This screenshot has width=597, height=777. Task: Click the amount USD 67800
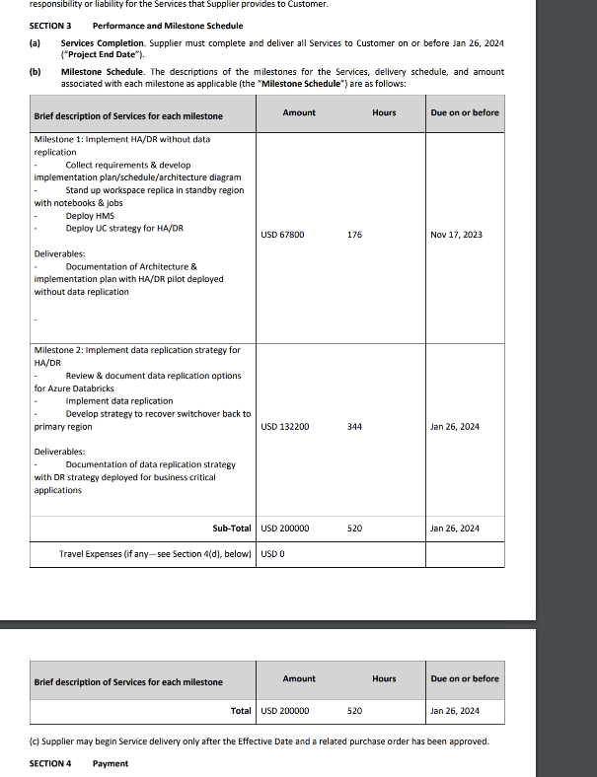pos(282,235)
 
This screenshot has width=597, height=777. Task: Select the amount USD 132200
pos(284,427)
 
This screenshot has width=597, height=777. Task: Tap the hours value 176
pos(355,235)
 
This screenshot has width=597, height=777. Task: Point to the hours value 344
pos(355,427)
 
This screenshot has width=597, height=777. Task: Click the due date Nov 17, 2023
pos(455,235)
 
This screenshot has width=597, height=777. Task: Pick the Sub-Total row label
pos(232,529)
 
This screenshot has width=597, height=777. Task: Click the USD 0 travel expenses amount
pos(272,554)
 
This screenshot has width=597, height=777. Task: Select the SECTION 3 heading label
pos(50,26)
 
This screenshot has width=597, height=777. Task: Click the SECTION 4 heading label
pos(50,763)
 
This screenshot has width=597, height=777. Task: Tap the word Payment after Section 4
pos(111,763)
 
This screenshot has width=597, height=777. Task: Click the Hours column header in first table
pos(384,112)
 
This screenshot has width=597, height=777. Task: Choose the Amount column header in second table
pos(299,678)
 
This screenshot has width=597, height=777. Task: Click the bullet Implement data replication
pos(118,401)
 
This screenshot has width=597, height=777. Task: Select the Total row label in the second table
pos(241,710)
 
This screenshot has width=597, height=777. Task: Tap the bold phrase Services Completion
pos(102,43)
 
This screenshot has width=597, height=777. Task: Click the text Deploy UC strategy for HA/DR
pos(124,228)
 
